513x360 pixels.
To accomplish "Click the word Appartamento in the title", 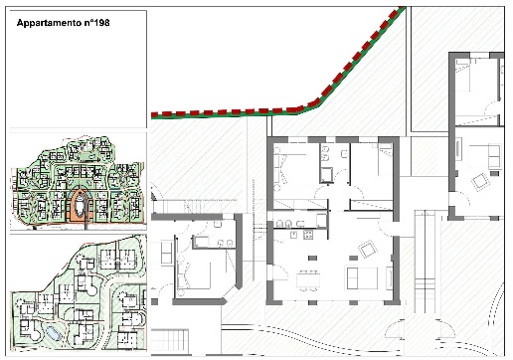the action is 49,23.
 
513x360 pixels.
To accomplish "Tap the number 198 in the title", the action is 102,23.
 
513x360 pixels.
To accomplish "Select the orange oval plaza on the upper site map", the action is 80,204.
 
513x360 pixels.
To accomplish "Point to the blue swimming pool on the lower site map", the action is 53,333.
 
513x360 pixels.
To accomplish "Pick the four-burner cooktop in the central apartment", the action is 308,235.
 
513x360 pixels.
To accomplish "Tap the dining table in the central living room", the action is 308,280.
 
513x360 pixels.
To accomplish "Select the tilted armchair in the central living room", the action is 368,249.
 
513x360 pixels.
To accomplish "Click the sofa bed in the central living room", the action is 362,278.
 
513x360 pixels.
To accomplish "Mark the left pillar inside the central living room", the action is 312,258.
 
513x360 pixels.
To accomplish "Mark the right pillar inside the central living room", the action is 353,258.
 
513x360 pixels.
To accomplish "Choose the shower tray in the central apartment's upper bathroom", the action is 326,175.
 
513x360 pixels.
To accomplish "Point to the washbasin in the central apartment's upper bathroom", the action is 345,154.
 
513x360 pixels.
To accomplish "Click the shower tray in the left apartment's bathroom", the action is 201,242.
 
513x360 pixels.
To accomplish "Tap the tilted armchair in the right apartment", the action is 479,182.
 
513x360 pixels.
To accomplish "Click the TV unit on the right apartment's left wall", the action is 458,151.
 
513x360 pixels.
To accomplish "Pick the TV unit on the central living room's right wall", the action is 390,277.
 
